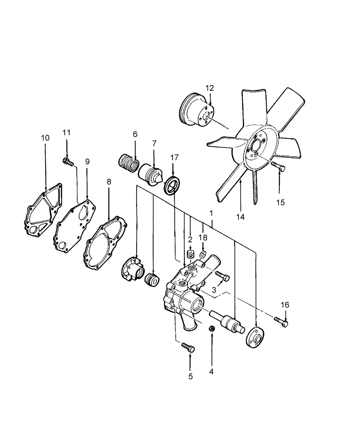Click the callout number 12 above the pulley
(210, 88)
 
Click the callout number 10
(45, 138)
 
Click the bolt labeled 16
(281, 322)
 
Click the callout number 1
(211, 213)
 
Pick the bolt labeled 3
(223, 276)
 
